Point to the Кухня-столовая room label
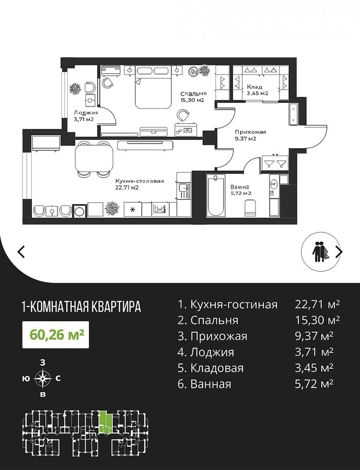[140, 181]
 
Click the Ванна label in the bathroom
[239, 187]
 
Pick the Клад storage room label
[254, 87]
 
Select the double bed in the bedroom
[152, 87]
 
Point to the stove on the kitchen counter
[161, 208]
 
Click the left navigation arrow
[21, 252]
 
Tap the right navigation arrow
[339, 252]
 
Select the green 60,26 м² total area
[56, 335]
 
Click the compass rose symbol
[43, 378]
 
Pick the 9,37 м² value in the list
[314, 336]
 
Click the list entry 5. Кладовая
[211, 368]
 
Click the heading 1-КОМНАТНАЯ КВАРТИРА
[82, 307]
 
